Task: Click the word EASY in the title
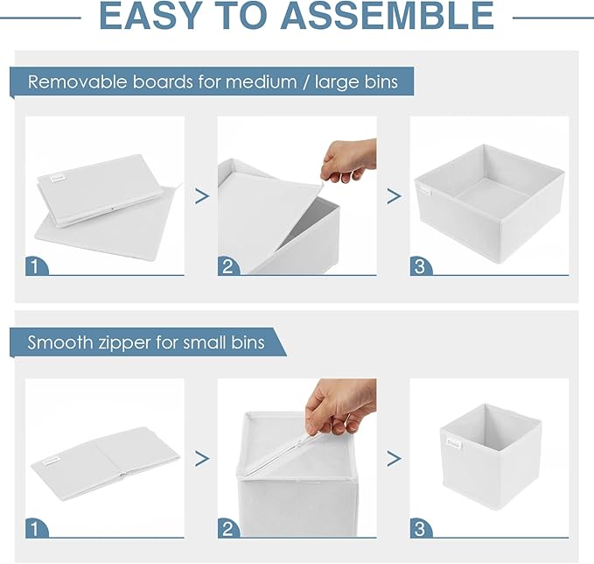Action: (x=159, y=17)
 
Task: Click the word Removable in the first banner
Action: (x=75, y=82)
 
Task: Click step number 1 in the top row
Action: (x=36, y=265)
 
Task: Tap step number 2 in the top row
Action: (x=228, y=265)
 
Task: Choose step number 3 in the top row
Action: (x=420, y=265)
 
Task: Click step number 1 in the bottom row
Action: (x=36, y=528)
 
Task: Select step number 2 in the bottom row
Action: (x=228, y=528)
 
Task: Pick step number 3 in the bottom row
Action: (x=420, y=528)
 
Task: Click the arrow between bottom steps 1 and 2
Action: (x=202, y=458)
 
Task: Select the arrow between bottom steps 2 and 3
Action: (x=395, y=458)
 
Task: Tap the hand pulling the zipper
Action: (x=341, y=405)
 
